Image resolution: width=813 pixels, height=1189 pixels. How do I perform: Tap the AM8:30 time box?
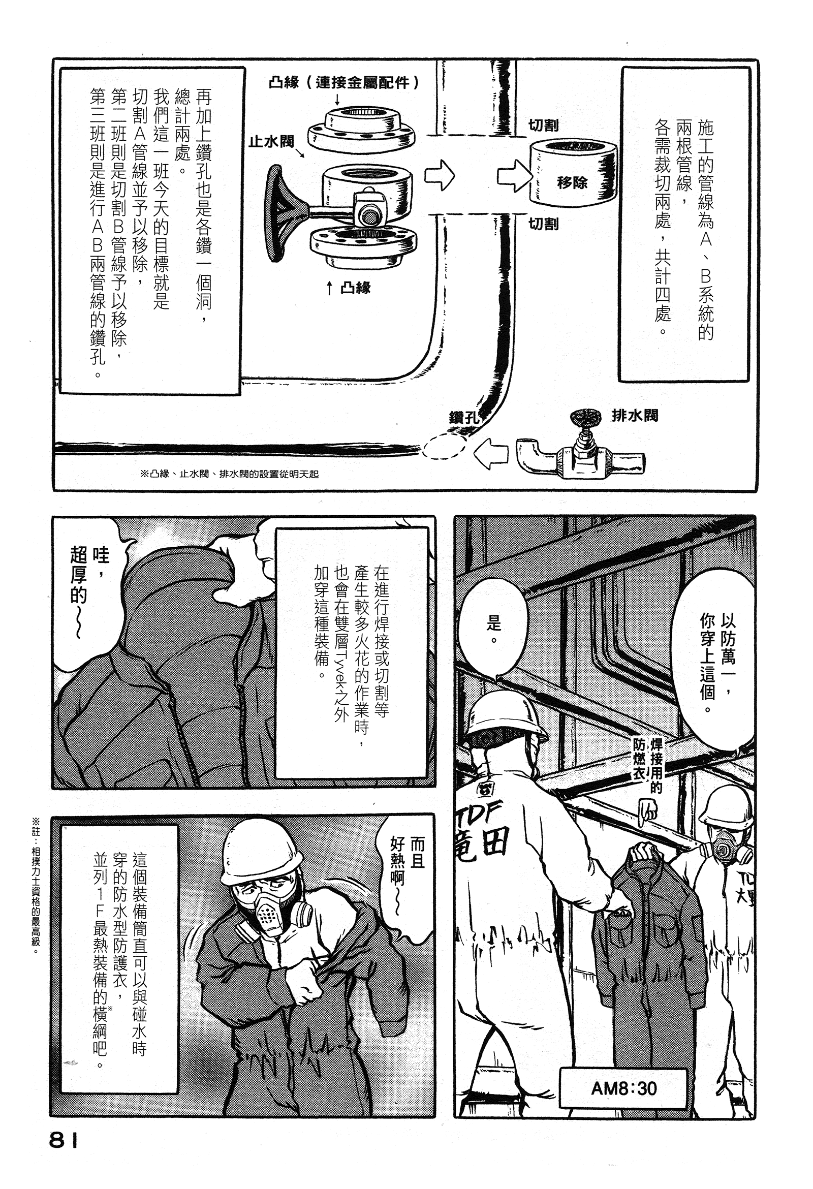(623, 1088)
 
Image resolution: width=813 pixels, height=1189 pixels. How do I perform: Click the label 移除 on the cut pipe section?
(572, 182)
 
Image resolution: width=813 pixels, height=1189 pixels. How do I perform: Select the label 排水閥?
(635, 416)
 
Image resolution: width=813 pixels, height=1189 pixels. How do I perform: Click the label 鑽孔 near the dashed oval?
(463, 418)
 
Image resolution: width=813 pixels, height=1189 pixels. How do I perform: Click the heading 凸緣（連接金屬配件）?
(343, 82)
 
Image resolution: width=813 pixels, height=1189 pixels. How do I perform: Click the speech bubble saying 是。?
(493, 630)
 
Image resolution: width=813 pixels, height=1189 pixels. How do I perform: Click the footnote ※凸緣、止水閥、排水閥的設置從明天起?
(229, 474)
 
